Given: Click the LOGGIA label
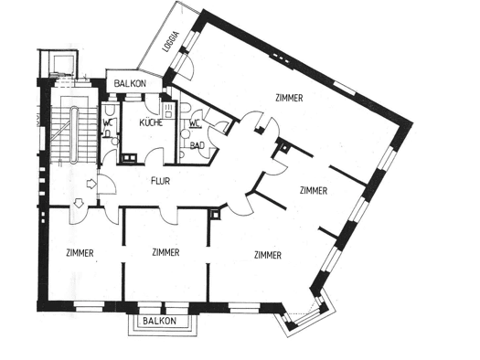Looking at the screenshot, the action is (x=170, y=42).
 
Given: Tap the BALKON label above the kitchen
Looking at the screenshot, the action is (x=130, y=83).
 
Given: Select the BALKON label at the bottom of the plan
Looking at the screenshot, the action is (x=159, y=321).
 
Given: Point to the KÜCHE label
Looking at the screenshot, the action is (x=151, y=123).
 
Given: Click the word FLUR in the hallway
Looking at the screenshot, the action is (x=160, y=181).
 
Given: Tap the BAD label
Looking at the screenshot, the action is (x=197, y=145).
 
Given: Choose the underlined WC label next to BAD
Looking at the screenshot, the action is (x=195, y=124).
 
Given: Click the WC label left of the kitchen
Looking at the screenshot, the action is (x=108, y=123).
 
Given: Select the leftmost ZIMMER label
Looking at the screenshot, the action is (x=80, y=253).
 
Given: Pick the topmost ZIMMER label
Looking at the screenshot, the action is (x=289, y=98).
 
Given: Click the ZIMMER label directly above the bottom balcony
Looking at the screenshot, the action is (x=165, y=252).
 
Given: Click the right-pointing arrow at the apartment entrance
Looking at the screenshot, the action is (x=91, y=184).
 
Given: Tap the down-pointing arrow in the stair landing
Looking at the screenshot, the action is (x=79, y=203).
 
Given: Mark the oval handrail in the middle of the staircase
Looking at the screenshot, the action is (x=74, y=135).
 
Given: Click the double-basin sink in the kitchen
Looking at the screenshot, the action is (x=130, y=158).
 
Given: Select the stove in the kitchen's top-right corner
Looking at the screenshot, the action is (x=168, y=111).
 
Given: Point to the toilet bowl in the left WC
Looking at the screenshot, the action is (x=109, y=110).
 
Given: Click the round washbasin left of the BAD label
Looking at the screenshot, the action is (x=185, y=133).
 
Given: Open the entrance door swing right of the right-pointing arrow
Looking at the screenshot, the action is (x=107, y=184).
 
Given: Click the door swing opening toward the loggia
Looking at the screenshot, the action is (x=187, y=68).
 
